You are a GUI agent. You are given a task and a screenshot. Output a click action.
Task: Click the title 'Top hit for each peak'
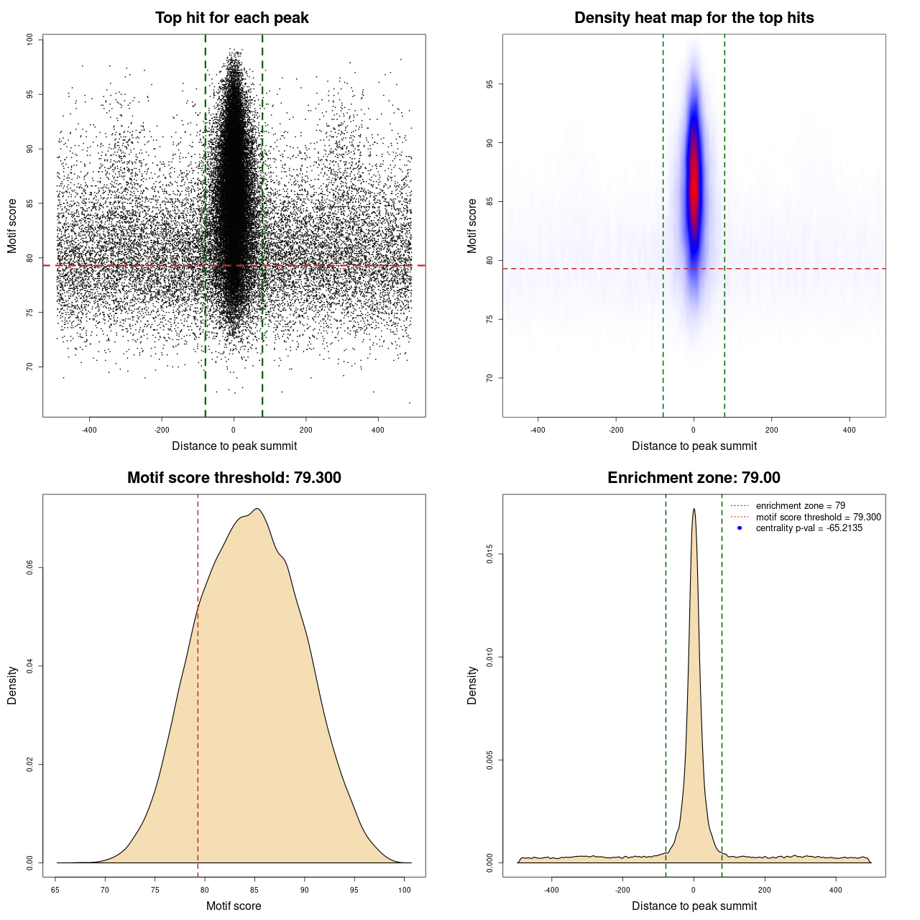[231, 18]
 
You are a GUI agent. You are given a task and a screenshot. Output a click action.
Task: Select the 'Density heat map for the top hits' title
[694, 18]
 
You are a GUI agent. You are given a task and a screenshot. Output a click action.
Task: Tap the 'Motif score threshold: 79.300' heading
[234, 478]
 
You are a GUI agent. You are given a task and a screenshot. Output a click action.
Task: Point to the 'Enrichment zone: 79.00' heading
[694, 478]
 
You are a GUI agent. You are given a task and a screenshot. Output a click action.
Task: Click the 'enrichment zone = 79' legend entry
[800, 506]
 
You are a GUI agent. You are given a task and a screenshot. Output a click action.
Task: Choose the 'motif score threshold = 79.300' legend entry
[818, 517]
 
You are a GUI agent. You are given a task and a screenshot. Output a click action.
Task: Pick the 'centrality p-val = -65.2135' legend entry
[809, 528]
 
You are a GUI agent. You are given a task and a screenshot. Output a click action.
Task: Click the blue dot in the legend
[740, 528]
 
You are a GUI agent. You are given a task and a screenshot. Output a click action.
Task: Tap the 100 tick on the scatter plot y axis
[30, 40]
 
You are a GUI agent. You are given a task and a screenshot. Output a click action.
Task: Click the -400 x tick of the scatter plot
[89, 430]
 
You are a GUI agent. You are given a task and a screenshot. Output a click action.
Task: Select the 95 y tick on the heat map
[490, 84]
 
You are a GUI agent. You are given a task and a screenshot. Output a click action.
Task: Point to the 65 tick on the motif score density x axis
[56, 890]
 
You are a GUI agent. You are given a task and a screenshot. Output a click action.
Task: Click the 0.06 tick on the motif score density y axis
[30, 568]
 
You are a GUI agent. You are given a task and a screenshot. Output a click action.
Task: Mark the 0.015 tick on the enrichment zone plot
[490, 554]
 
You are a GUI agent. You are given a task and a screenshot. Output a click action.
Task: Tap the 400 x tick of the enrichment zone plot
[835, 890]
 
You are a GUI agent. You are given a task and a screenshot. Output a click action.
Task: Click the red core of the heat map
[694, 187]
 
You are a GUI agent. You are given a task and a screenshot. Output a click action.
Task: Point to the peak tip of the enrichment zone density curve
[694, 510]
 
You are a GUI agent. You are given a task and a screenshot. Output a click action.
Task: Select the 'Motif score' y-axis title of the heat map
[472, 226]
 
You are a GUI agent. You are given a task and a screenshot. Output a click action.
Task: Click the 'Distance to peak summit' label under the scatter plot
[234, 446]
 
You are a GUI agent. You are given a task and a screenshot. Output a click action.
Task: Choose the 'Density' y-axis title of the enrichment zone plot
[472, 685]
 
